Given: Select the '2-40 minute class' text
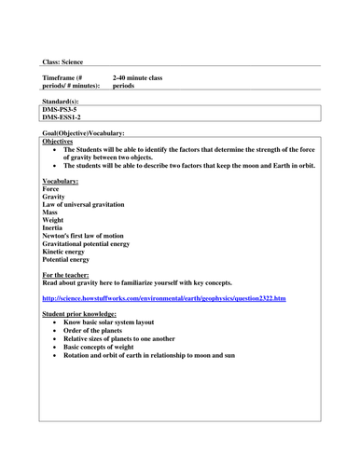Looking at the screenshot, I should pos(137,77).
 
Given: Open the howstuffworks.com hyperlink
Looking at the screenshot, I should pos(164,299).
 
